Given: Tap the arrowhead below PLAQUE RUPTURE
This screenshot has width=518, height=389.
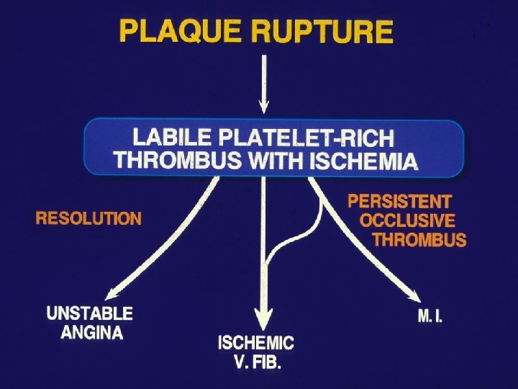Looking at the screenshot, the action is pos(265,106).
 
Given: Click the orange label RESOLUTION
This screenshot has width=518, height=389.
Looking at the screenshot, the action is pos(88,218).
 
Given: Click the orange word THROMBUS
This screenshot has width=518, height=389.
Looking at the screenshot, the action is pos(419,240).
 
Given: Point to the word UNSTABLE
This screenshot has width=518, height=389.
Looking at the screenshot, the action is pos(90,314).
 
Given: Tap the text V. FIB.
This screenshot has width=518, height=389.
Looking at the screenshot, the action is pos(258,362).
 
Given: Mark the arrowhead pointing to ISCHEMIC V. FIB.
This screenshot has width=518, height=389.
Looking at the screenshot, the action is pos(265,319).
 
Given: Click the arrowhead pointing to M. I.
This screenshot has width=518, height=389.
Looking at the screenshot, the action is pos(416,297).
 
